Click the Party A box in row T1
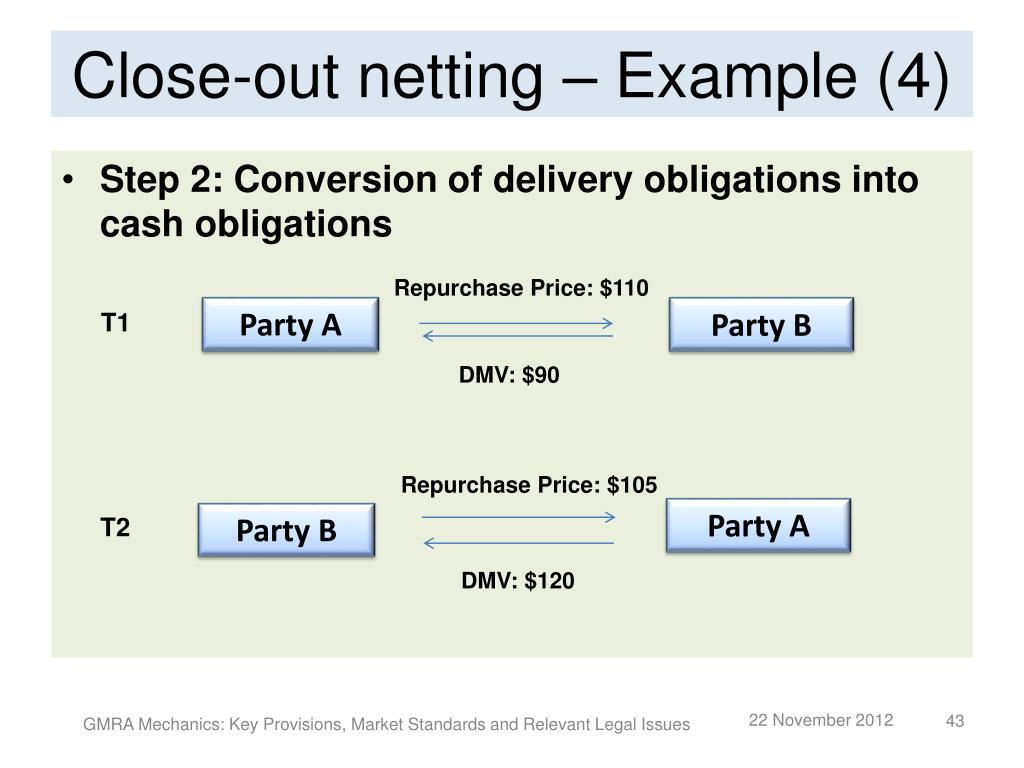(x=290, y=325)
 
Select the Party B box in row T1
(x=761, y=325)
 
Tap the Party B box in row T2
(x=286, y=530)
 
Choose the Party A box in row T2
(x=758, y=526)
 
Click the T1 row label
(x=115, y=323)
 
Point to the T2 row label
(x=115, y=528)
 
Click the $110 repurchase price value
(x=625, y=289)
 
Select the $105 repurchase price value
(x=633, y=486)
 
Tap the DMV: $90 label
(x=510, y=377)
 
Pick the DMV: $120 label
(x=518, y=581)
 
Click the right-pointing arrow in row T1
(x=515, y=323)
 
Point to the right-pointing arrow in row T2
(x=518, y=517)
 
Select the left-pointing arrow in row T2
(x=518, y=543)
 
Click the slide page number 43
(x=954, y=722)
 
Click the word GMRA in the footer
(x=104, y=724)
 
